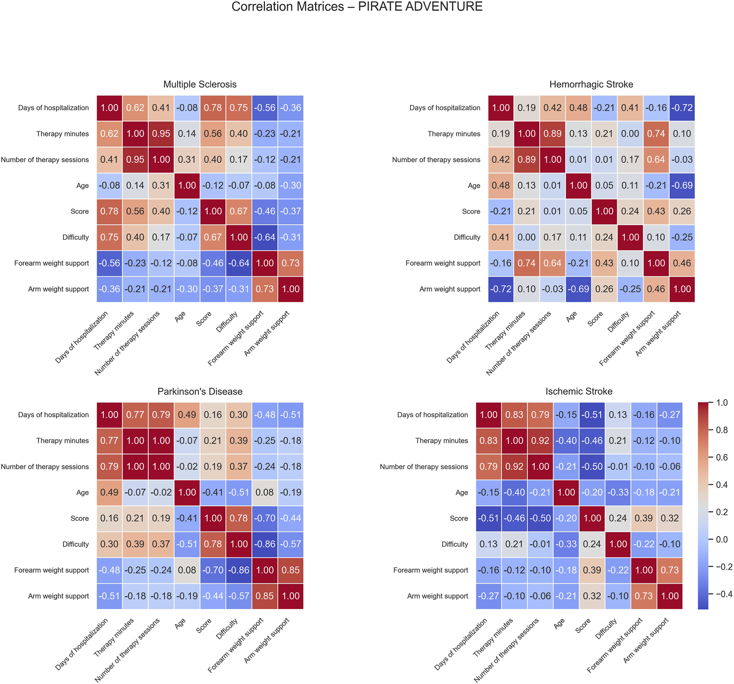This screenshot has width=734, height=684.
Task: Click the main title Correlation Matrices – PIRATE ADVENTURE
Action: (357, 7)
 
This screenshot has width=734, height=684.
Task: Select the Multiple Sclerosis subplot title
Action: (200, 84)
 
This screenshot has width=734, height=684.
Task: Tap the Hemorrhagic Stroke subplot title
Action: (591, 84)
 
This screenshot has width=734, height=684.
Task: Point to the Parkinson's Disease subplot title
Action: (200, 391)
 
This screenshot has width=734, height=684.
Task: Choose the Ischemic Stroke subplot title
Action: (579, 391)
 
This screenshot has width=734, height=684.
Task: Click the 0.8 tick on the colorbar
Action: (722, 430)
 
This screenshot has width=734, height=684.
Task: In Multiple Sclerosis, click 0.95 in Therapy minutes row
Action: (161, 134)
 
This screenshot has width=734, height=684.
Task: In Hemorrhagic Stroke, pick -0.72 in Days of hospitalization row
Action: (682, 108)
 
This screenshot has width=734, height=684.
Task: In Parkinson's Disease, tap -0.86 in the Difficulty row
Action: (265, 544)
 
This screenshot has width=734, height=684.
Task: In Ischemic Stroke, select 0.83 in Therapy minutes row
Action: (488, 441)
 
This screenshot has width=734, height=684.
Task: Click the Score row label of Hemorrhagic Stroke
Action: (471, 211)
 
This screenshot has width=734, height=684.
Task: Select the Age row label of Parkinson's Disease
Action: (82, 492)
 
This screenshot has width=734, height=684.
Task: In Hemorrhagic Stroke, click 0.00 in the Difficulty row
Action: (527, 237)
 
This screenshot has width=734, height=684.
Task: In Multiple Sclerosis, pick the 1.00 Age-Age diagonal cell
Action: (187, 185)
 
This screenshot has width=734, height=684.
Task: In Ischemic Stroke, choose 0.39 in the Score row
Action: (644, 518)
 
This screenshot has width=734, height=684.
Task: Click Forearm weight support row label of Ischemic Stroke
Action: (431, 570)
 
